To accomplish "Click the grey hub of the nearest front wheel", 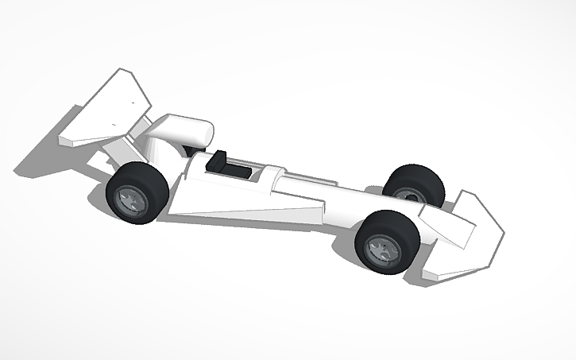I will (382, 250).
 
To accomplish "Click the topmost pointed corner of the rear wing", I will (122, 71).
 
